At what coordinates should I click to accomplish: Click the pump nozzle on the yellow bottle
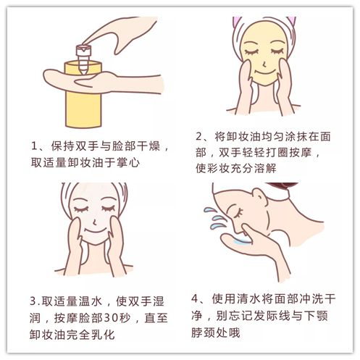(83, 59)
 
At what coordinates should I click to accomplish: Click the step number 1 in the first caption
(35, 146)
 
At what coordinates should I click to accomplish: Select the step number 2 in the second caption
(199, 137)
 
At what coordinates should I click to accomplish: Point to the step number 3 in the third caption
(33, 301)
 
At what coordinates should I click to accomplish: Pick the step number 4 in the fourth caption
(195, 298)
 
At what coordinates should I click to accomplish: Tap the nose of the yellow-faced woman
(264, 64)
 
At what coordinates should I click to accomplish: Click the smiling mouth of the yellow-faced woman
(265, 72)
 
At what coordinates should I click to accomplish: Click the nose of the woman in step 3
(95, 222)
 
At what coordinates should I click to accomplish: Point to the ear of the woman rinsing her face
(260, 196)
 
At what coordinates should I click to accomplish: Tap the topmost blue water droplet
(209, 210)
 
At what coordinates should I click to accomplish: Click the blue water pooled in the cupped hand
(243, 241)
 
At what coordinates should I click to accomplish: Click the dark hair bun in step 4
(282, 185)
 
